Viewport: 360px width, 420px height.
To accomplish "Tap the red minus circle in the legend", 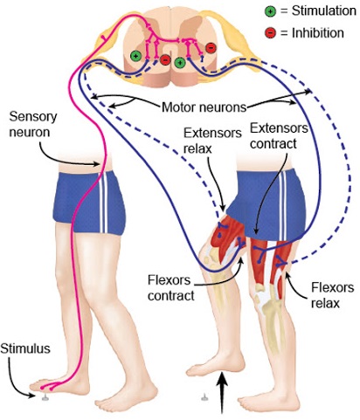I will click(270, 32).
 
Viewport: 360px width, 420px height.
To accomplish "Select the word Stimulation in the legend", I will click(319, 11).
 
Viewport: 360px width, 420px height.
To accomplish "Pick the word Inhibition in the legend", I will click(314, 33).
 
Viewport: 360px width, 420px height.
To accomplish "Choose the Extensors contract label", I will click(277, 134).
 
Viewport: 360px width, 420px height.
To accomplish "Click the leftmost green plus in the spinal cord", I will click(135, 55).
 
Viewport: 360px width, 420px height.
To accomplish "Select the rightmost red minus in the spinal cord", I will click(210, 48).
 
